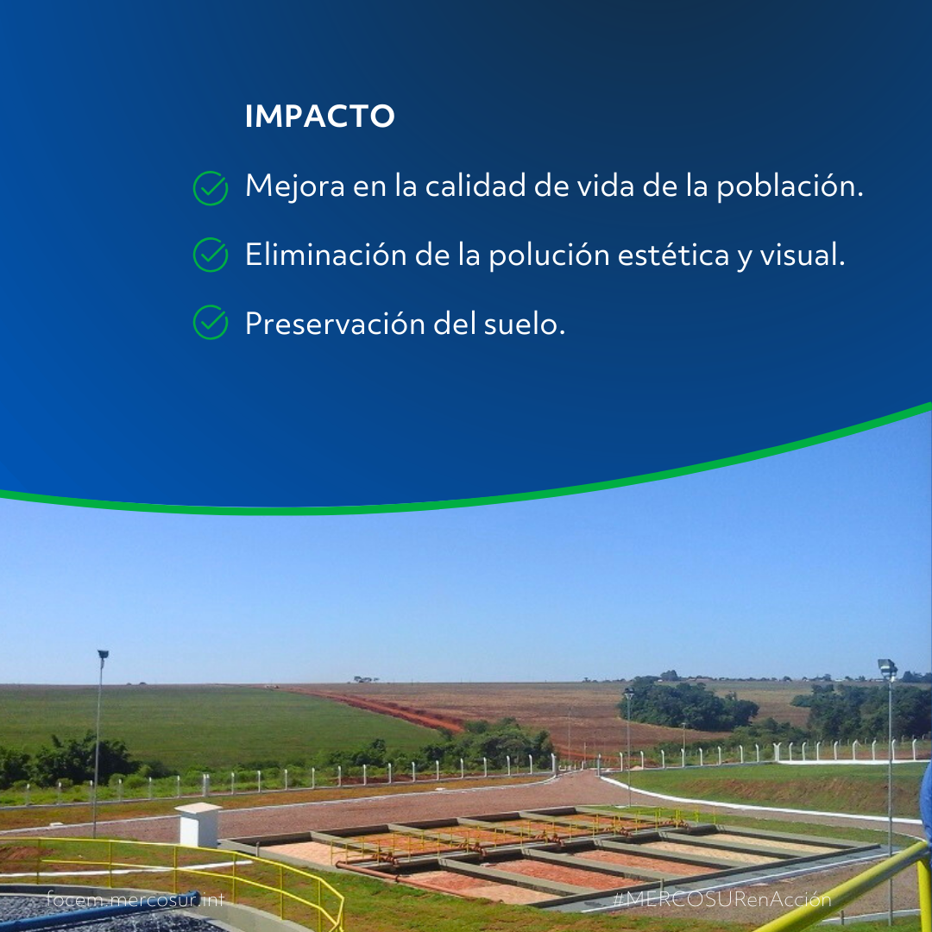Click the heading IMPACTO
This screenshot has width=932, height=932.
320,116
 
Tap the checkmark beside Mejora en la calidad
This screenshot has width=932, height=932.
211,188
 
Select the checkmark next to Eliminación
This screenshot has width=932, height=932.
211,255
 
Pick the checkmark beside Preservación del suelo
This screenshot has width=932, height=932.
211,323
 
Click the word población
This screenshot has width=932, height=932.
790,186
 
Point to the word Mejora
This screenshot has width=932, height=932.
295,186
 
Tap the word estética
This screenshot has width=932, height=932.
673,255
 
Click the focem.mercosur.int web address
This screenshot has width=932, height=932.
135,899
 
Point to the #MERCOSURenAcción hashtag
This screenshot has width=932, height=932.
721,899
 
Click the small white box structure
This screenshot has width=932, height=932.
198,825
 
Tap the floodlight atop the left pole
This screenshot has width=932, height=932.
103,654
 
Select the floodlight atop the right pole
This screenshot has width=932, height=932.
887,668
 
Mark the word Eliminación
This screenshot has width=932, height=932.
325,255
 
